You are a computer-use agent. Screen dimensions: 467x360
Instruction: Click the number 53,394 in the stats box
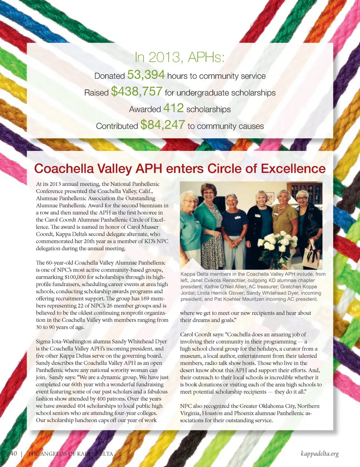click(146, 75)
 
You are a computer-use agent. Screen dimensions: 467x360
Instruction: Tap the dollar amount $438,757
click(136, 92)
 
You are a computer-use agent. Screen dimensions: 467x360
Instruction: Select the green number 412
click(173, 108)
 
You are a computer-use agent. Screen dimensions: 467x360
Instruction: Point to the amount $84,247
click(162, 125)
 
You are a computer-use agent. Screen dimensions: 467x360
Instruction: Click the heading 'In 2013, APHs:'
click(180, 57)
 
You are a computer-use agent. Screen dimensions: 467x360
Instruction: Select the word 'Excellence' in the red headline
click(293, 169)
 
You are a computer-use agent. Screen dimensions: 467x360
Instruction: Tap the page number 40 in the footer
click(13, 453)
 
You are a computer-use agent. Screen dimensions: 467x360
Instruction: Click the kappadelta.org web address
click(319, 453)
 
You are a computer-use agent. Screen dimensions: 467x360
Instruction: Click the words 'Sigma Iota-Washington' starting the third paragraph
click(63, 341)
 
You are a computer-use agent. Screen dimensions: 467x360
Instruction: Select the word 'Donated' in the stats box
click(109, 76)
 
